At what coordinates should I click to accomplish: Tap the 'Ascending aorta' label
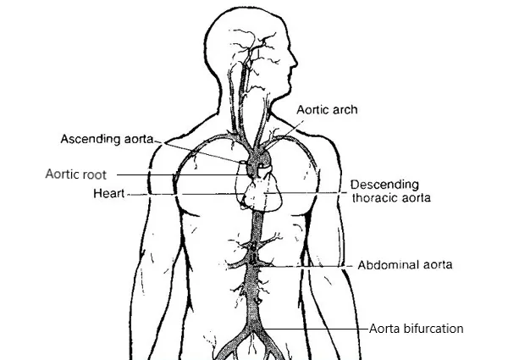(x=108, y=138)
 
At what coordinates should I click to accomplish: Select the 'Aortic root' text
(x=76, y=174)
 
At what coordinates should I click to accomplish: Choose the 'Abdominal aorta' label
(x=406, y=264)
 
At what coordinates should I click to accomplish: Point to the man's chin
(x=284, y=95)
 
